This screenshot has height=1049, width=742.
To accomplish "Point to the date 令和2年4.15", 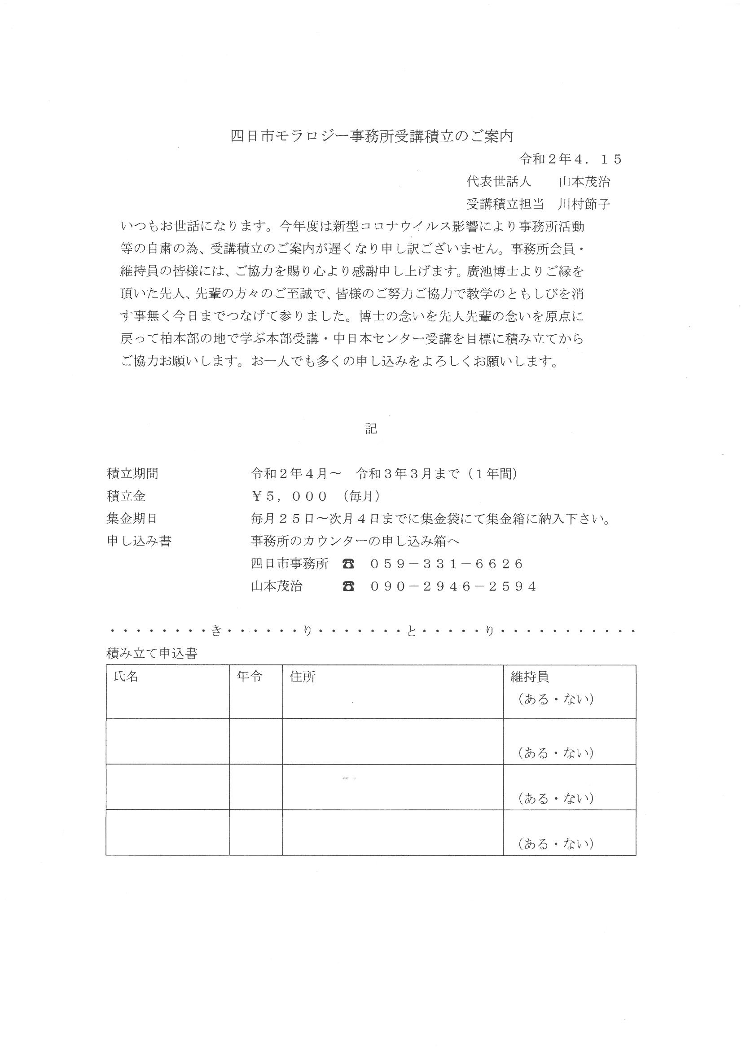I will point(571,159).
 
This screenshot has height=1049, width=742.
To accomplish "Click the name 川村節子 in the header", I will point(584,204).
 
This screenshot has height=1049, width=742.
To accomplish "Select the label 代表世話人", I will point(499,181).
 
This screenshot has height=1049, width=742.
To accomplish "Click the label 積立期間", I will point(132,473).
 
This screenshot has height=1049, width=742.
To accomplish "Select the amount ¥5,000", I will point(290,496).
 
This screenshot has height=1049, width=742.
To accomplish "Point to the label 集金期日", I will point(132,519).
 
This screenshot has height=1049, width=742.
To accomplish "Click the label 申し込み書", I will point(139,541).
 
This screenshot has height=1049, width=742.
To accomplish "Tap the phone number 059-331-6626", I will point(447,564).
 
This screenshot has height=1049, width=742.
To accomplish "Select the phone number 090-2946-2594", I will point(453,586).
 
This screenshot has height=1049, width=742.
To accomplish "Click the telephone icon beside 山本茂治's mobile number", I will point(348,586).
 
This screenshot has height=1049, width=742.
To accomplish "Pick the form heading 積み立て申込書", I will point(152,654).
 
